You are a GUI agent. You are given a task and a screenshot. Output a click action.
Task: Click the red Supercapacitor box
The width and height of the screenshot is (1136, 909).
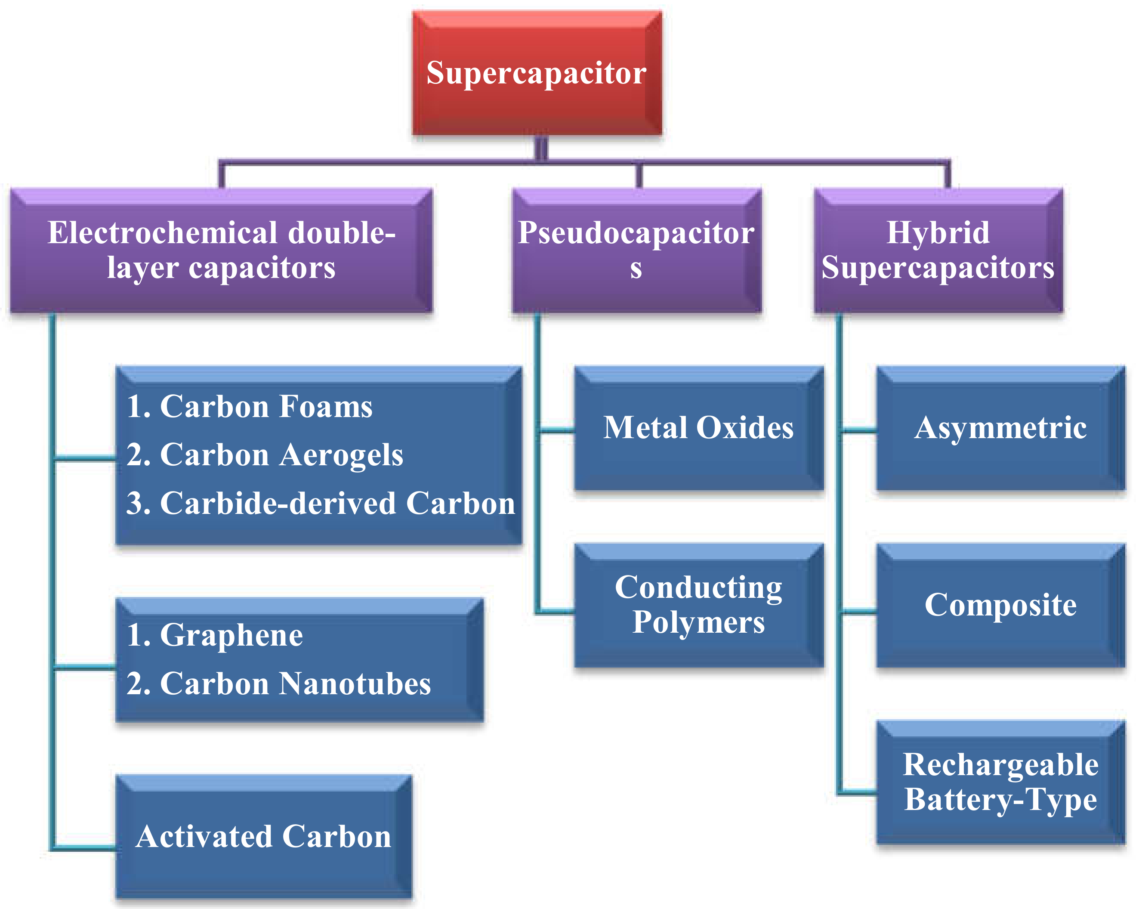click(537, 73)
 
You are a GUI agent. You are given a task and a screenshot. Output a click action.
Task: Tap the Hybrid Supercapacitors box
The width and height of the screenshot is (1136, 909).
click(938, 251)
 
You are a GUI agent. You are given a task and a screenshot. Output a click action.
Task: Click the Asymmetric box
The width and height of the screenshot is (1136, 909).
click(1000, 428)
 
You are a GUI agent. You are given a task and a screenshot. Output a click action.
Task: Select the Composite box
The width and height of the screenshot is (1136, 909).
click(1000, 605)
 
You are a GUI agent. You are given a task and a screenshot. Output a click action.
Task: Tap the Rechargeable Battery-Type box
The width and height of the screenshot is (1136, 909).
click(1000, 782)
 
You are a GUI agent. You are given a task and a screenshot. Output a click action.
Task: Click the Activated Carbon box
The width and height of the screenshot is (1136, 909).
click(263, 837)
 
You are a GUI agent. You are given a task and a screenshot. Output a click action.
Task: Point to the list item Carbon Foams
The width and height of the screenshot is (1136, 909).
click(249, 407)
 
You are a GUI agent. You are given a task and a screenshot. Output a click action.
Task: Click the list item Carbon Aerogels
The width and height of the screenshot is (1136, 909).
click(265, 455)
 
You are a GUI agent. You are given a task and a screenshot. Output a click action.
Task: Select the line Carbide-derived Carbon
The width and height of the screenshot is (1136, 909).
click(320, 503)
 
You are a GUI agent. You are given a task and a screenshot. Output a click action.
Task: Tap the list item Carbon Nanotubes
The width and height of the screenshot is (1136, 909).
click(278, 684)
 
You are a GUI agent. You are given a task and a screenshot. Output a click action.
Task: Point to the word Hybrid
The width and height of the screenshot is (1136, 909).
click(938, 233)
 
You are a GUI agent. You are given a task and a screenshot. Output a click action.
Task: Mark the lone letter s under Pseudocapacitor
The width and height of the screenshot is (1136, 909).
click(636, 269)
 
